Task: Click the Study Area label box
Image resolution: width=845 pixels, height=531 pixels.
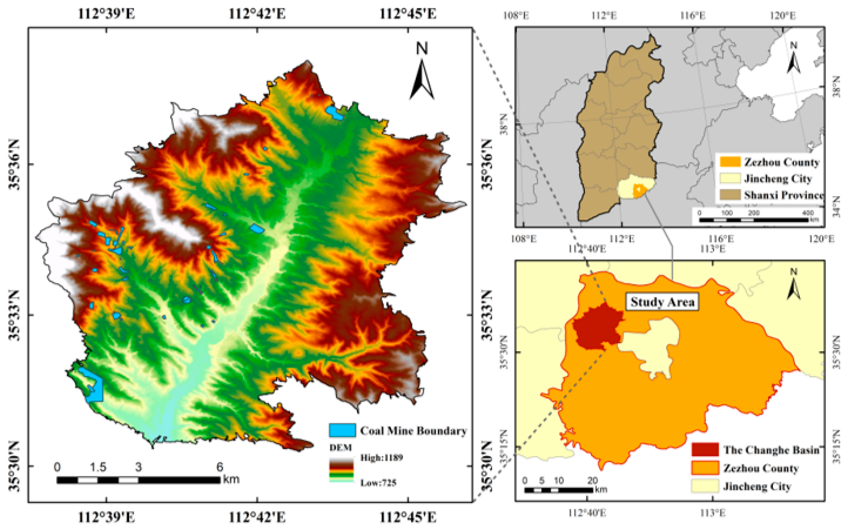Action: point(662,302)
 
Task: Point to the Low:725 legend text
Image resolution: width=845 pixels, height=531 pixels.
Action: point(378,483)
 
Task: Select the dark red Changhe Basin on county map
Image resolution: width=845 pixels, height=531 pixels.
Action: point(597,327)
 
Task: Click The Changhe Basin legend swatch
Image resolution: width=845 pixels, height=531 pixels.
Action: point(705,449)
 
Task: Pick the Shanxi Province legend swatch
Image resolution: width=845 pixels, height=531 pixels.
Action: point(730,195)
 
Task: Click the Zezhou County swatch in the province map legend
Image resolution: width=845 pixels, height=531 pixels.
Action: point(730,162)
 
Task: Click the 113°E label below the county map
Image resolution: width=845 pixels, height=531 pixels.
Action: point(712,513)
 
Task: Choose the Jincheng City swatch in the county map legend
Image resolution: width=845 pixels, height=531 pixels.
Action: point(705,486)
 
